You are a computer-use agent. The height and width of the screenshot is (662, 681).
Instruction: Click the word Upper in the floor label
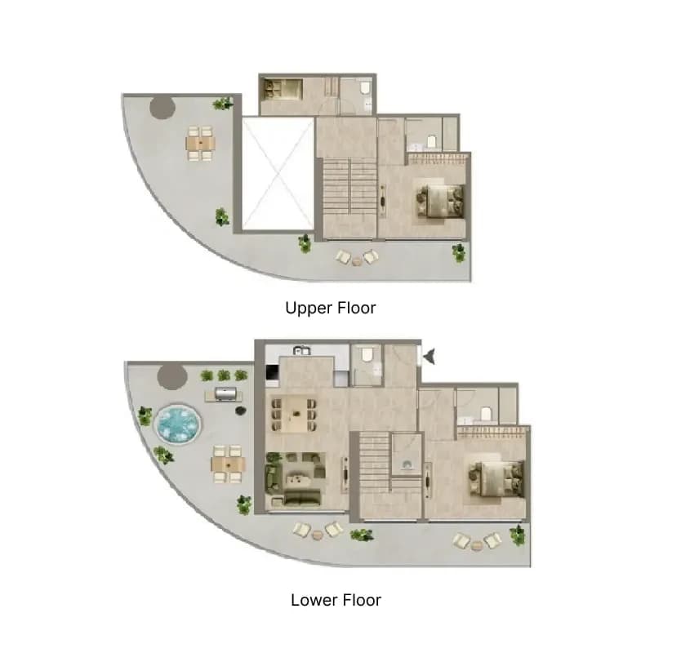[x=305, y=309]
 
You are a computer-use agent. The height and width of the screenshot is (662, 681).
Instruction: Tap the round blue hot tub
[x=179, y=424]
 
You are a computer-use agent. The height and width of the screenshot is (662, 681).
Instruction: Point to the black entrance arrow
[x=430, y=357]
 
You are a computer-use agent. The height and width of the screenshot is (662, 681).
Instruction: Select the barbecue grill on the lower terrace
[x=224, y=393]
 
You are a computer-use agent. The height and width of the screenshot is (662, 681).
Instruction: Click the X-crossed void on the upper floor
[x=278, y=174]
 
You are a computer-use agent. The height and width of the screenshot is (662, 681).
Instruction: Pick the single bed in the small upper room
[x=282, y=90]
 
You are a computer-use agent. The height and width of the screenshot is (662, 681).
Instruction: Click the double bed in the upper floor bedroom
[x=440, y=201]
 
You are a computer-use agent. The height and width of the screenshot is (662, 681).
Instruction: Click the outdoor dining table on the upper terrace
[x=200, y=143]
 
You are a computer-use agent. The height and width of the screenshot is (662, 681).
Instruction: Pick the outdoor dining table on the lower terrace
[x=229, y=464]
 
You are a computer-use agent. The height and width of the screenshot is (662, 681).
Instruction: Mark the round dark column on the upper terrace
[x=162, y=107]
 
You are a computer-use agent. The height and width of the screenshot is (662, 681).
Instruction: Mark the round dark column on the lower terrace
[x=172, y=376]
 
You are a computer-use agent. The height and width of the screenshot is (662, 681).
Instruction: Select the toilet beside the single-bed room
[x=364, y=88]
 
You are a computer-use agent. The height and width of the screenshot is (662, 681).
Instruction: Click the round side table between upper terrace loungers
[x=357, y=261]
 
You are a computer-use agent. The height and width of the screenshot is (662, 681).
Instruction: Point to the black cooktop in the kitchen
[x=272, y=372]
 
